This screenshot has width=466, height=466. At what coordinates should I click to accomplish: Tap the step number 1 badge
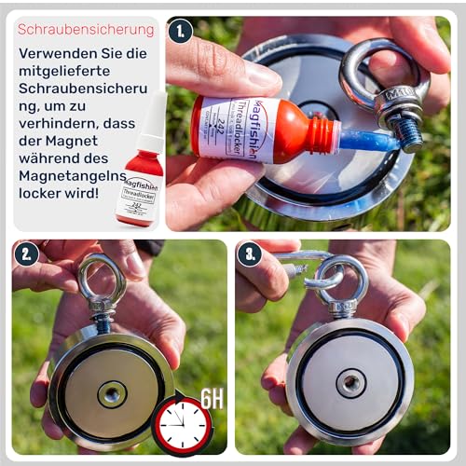pos(181,31)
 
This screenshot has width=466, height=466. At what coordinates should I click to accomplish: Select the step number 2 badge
pos(26,254)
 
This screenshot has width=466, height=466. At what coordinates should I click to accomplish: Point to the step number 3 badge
pos(249,254)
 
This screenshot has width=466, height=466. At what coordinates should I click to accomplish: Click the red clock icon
pos(182,424)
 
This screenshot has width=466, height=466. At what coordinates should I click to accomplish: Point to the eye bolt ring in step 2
pos(101,277)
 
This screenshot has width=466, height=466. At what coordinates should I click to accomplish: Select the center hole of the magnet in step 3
pos(351,383)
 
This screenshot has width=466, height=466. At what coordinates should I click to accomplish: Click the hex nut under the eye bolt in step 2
pos(102,308)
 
